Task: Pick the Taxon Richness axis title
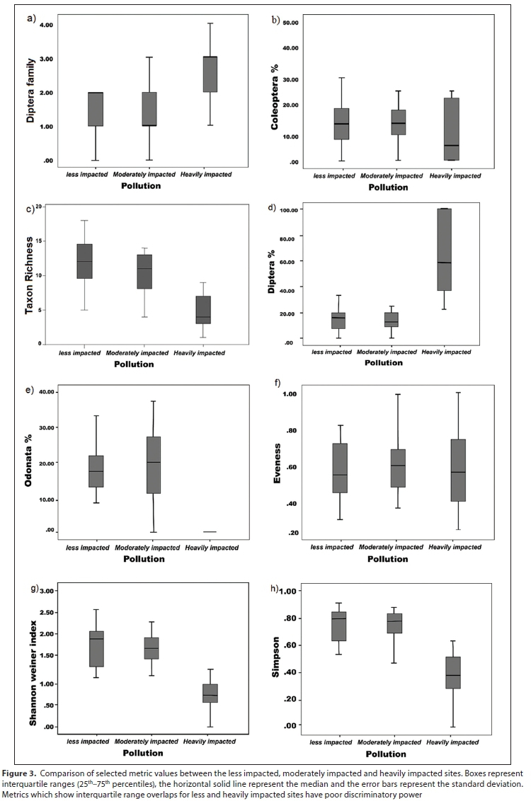pyautogui.click(x=30, y=275)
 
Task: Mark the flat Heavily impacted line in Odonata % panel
pyautogui.click(x=210, y=531)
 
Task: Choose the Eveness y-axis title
pyautogui.click(x=278, y=461)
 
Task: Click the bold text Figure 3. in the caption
pyautogui.click(x=23, y=773)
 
